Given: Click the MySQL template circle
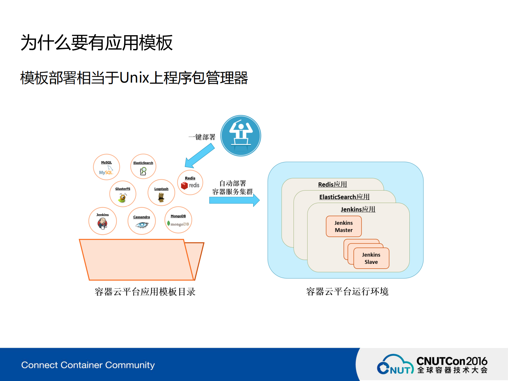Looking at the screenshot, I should [106, 167].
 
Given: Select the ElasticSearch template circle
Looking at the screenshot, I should [143, 167].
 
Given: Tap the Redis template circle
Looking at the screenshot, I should [190, 183].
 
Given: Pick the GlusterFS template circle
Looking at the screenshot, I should [123, 194].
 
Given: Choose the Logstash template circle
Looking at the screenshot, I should [161, 193].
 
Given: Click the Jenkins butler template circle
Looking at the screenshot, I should [102, 221].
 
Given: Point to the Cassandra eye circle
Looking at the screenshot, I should [141, 221].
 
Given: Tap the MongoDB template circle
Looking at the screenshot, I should [178, 220].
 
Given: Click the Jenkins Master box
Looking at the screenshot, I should [344, 226].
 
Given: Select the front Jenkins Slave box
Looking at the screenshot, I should [371, 258].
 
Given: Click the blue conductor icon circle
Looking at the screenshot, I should [241, 136].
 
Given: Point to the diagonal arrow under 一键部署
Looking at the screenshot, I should [200, 156].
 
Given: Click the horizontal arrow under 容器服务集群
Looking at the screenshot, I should [234, 200].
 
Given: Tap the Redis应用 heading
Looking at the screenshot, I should [333, 184].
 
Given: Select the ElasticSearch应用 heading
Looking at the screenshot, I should [344, 197].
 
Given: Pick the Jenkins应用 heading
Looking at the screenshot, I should [358, 209].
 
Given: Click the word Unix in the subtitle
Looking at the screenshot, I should [134, 78].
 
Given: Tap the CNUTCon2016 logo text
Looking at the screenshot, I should [452, 361].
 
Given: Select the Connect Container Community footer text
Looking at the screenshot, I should [88, 365].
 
